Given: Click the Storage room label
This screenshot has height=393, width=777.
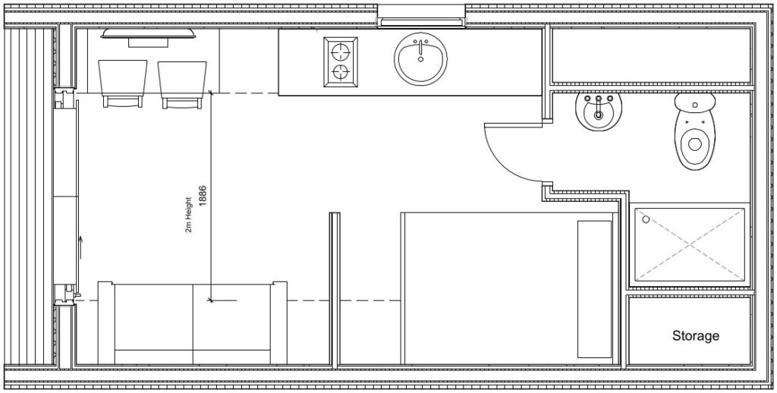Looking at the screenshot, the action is (x=695, y=335).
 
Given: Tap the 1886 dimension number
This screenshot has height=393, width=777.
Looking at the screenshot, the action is (x=202, y=195).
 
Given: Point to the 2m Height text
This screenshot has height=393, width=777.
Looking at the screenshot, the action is (x=188, y=215).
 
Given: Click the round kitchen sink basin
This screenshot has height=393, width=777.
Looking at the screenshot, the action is (x=420, y=58).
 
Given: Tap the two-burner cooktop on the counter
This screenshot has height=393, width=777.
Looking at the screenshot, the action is (x=341, y=62).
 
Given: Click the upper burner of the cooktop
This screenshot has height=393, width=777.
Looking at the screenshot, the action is (x=341, y=51).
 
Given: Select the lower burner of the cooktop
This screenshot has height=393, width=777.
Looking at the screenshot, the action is (x=341, y=72).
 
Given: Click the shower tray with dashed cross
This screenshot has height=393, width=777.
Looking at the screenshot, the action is (x=690, y=244).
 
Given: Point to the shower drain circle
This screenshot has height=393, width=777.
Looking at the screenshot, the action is (x=646, y=219).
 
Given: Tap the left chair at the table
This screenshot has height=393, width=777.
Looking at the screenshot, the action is (x=123, y=83).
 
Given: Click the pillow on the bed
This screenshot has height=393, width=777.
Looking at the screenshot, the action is (x=595, y=289).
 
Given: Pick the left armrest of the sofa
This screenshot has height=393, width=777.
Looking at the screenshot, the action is (x=106, y=322).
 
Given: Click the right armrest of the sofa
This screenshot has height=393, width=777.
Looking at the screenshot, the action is (x=278, y=322).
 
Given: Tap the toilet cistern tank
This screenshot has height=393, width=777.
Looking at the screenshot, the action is (x=695, y=102).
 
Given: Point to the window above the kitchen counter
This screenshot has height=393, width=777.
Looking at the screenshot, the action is (x=422, y=16).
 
